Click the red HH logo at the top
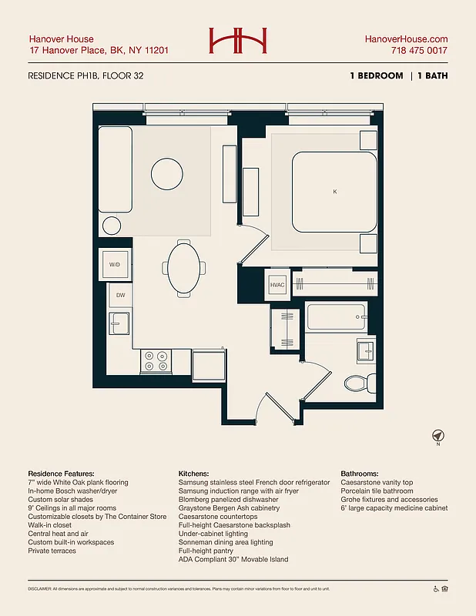point(237,42)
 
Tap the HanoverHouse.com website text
point(406,39)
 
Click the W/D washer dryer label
point(115,265)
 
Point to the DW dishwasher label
point(120,295)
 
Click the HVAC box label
point(277,285)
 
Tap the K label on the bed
point(334,191)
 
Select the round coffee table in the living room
point(166,172)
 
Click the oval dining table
point(183,268)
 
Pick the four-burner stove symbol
point(156,360)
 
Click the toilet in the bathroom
point(358,382)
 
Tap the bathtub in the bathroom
point(336,316)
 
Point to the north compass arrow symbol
point(437,436)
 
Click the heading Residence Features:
point(61,473)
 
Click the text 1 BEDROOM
point(375,75)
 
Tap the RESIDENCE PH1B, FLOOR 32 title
point(85,75)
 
